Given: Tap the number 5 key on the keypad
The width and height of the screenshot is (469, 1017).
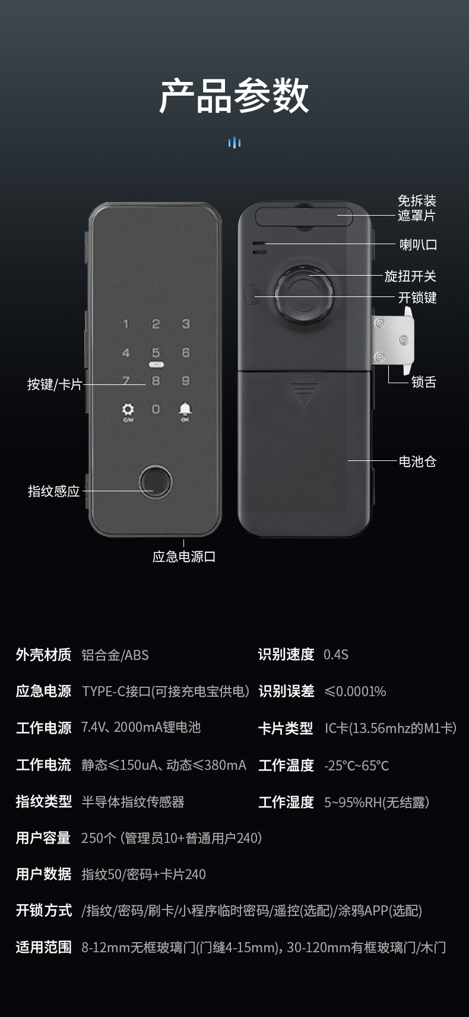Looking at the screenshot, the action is pos(156,353).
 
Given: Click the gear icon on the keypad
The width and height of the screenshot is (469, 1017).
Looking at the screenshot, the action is pos(128,409).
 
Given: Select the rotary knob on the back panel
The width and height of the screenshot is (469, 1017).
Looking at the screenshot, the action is pos(304,295).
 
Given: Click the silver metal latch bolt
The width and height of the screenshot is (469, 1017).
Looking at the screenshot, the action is pos(393,340).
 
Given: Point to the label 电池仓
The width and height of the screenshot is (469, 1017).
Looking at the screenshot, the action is pos(417,462).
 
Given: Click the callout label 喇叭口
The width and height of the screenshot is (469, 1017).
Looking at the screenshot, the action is pos(418,245).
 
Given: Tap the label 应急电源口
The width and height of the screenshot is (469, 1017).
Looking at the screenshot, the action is pos(183,557).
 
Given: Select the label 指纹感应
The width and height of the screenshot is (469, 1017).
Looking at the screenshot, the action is pos(53,491).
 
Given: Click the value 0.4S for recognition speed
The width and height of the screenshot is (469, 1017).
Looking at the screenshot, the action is pos(335,655).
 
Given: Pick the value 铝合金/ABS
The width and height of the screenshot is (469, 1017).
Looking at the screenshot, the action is pos(115,655).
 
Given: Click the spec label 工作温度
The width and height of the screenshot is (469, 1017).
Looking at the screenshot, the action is pos(286,766).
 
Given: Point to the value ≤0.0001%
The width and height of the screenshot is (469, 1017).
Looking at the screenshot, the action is pos(355,691).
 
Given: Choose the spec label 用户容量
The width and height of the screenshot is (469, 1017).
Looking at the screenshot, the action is pos(43,838).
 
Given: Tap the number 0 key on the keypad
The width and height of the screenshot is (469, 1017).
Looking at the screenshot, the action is pos(156,409).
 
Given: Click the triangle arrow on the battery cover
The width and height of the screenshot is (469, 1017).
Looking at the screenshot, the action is pos(304,395).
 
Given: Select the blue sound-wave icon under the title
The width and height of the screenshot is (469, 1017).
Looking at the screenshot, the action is pos(234,143).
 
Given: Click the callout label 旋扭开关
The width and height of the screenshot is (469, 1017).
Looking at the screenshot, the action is pos(410,276).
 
